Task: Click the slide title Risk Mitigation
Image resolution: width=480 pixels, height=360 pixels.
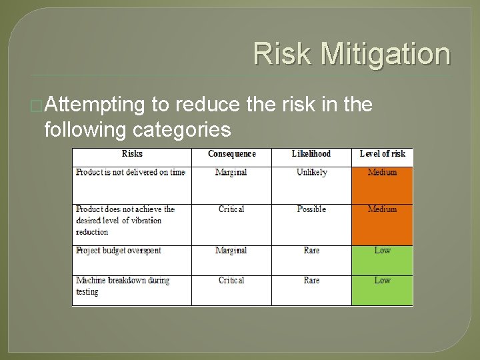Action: [351, 54]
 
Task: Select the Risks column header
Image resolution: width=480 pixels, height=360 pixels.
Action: [132, 154]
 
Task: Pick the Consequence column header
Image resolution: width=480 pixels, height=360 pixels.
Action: [231, 154]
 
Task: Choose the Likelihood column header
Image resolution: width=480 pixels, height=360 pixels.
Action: [311, 154]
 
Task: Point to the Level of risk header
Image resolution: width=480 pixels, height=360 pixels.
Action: [382, 154]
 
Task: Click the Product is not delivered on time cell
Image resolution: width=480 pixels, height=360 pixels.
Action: [130, 173]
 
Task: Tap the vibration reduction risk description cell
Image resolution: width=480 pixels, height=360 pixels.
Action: [125, 221]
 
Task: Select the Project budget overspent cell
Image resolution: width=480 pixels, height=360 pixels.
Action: [119, 251]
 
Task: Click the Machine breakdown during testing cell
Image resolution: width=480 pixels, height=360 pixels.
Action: [123, 286]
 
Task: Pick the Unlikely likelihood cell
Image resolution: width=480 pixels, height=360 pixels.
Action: [311, 173]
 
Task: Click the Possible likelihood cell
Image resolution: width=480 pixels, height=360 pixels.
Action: [311, 209]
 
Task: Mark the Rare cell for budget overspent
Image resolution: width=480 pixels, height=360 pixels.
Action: [311, 251]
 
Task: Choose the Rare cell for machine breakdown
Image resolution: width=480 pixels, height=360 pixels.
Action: [311, 281]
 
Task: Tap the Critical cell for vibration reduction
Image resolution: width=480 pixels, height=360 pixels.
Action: [231, 209]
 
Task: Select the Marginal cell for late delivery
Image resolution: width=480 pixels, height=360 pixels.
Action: [231, 173]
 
